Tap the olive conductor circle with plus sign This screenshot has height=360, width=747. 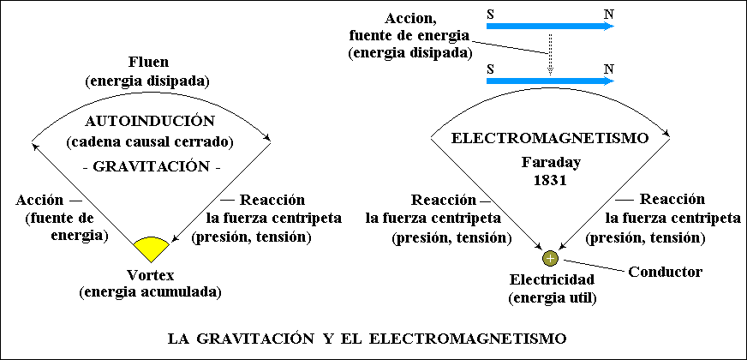(x=550, y=259)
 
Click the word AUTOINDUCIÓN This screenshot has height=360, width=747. (x=150, y=122)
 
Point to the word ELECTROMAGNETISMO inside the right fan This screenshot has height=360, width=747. (x=550, y=139)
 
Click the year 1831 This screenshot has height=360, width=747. (x=551, y=183)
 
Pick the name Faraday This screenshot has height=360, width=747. (x=551, y=163)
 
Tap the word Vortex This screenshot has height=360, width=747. (x=151, y=275)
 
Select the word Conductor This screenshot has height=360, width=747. (x=665, y=273)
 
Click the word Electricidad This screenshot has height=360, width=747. (x=551, y=279)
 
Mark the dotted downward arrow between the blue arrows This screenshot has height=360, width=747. (x=550, y=54)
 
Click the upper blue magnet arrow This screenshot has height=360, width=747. (x=550, y=27)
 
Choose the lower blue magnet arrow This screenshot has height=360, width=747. (x=550, y=81)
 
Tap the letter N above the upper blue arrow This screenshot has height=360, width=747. (x=608, y=14)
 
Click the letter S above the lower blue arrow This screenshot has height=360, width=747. (x=490, y=69)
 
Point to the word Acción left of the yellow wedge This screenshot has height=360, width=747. (x=39, y=201)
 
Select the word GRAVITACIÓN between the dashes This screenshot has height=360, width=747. (x=151, y=167)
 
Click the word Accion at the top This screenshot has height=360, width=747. (x=410, y=20)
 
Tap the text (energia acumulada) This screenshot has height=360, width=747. (x=150, y=291)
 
